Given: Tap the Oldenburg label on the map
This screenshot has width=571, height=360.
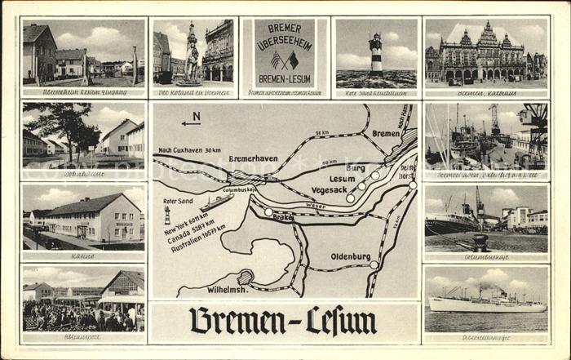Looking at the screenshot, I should (350, 256).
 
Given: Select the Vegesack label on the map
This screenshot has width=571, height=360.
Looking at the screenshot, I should (329, 189).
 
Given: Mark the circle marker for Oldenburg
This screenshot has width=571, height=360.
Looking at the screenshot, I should (374, 264).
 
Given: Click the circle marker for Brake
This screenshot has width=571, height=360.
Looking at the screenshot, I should (268, 211).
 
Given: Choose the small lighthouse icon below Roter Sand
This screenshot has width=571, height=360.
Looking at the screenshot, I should (167, 215).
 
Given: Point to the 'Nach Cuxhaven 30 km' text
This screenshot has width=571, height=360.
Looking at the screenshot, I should (189, 150).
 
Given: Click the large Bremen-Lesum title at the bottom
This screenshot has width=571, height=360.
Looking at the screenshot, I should (283, 321).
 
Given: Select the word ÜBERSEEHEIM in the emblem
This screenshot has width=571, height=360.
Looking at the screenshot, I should (284, 45).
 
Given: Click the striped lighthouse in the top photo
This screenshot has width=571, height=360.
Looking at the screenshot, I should (375, 55).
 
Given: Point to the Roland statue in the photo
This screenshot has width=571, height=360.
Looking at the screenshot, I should (191, 53).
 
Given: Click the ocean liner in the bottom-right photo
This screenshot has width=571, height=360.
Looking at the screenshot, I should (486, 304).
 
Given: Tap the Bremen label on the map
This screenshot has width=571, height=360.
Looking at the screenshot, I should (385, 133).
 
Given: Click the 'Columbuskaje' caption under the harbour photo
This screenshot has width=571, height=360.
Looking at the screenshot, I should (485, 256).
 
